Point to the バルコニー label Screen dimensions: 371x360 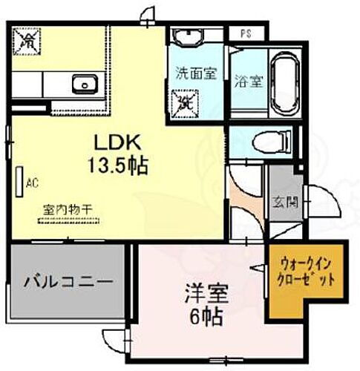click(68, 282)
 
